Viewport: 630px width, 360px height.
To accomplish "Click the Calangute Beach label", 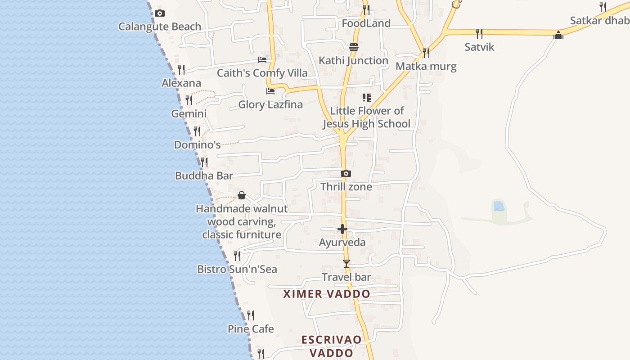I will (x=160, y=27).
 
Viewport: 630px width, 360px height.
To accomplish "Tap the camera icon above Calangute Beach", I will (x=159, y=13).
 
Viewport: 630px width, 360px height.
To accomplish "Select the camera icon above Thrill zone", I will (x=346, y=174).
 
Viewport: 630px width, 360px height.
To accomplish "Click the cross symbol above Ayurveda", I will (x=342, y=229).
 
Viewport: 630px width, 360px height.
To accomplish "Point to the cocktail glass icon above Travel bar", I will (x=346, y=263).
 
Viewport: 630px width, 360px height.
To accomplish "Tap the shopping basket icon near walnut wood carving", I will (x=242, y=195).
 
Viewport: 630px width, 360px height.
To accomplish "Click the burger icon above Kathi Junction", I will (x=353, y=47).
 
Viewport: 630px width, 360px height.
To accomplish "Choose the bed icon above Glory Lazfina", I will (x=270, y=91).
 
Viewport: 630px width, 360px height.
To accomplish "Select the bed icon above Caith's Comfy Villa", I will (x=262, y=59).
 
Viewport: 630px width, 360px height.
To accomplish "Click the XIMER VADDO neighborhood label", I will (x=327, y=294).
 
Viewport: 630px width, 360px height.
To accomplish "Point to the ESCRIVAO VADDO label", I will (x=331, y=346).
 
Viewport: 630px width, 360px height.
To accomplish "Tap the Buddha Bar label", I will (x=204, y=175).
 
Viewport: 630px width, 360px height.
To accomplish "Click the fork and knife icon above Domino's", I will (x=197, y=131).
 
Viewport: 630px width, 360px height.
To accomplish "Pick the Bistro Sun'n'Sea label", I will (x=237, y=269).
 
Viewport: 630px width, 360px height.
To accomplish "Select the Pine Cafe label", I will (x=251, y=329).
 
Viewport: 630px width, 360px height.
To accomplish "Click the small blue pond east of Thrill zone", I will (x=499, y=206).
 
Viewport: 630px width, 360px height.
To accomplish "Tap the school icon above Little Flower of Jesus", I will (x=366, y=98).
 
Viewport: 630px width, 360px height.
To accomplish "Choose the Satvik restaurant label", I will (x=479, y=47).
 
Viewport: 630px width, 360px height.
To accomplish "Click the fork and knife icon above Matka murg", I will (x=426, y=53).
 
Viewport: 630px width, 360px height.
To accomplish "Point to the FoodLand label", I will (x=366, y=23).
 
